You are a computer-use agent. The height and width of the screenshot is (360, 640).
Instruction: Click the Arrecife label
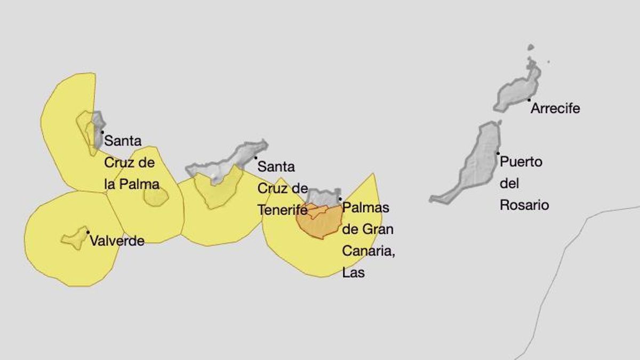555,109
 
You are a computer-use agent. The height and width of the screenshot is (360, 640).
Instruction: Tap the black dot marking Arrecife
529,100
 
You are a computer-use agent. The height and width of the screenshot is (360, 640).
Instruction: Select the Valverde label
117,241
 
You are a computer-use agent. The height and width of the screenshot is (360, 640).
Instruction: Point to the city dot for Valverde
88,232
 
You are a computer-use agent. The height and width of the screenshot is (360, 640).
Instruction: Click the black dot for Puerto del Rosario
498,154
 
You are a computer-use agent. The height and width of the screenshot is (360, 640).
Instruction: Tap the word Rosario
524,205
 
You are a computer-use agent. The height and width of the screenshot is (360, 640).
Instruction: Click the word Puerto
521,162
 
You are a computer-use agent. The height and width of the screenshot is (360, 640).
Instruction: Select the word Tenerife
282,210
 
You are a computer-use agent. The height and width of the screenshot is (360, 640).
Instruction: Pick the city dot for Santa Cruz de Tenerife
255,157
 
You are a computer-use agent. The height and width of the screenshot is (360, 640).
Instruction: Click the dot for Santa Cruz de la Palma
102,132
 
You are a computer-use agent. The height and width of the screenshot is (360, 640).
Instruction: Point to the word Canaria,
368,251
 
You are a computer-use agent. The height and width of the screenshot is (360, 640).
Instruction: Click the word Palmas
365,207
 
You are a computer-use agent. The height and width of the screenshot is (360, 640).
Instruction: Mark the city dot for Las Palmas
340,199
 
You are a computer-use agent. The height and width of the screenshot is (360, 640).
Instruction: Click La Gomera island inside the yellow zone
156,196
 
